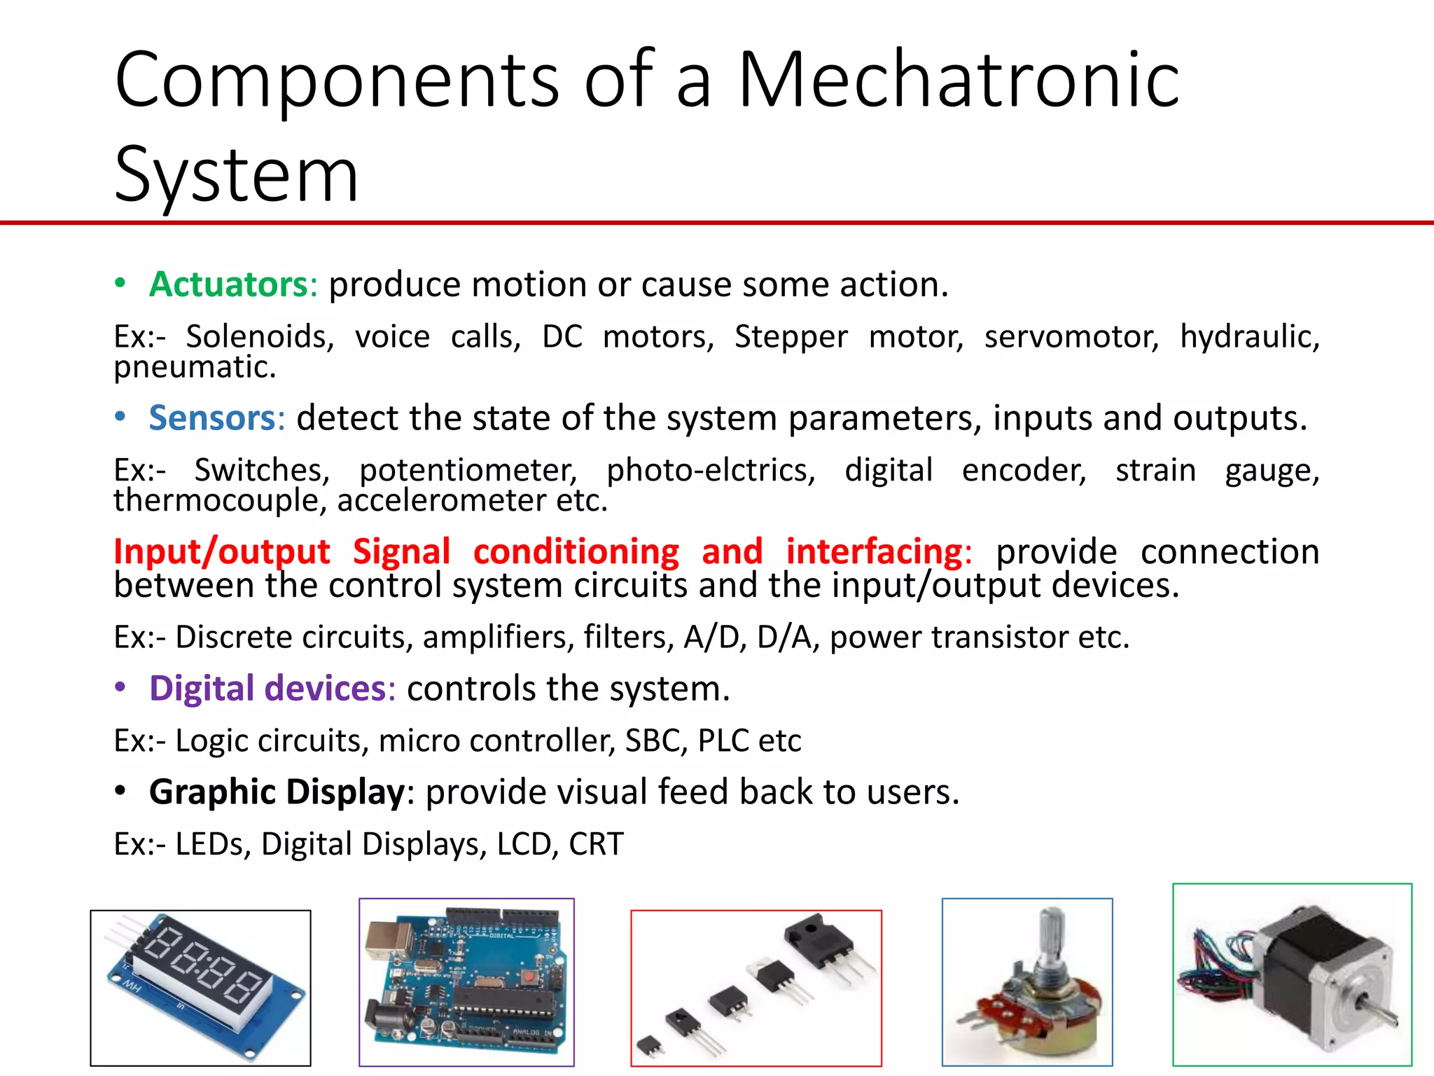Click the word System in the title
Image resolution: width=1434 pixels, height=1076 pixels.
coord(236,174)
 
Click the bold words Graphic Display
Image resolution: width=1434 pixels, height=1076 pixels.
coord(277,792)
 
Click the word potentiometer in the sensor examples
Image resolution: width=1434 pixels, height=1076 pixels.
coord(468,470)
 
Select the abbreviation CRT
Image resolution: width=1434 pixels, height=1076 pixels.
coord(596,844)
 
